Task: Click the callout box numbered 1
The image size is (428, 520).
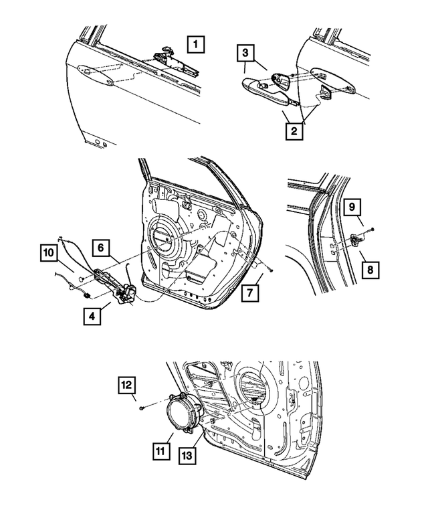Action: click(x=195, y=46)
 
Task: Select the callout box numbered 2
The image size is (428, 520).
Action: click(x=293, y=131)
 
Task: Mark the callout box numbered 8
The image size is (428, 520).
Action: click(x=370, y=270)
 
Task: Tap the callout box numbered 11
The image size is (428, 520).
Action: click(x=159, y=452)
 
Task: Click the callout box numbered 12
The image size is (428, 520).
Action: click(x=129, y=385)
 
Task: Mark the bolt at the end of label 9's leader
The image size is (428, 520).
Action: click(x=372, y=230)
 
